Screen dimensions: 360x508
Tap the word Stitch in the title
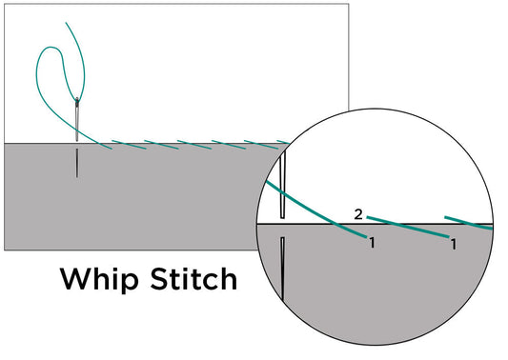click(x=185, y=280)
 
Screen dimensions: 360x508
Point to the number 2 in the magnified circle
click(x=357, y=214)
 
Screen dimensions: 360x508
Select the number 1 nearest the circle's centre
click(x=372, y=243)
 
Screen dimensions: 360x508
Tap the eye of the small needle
click(x=77, y=102)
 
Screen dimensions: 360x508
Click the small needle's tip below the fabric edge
click(x=77, y=173)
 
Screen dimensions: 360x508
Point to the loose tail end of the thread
click(x=66, y=23)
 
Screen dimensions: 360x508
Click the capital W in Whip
click(x=76, y=279)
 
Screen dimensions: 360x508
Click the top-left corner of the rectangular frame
click(x=5, y=5)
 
